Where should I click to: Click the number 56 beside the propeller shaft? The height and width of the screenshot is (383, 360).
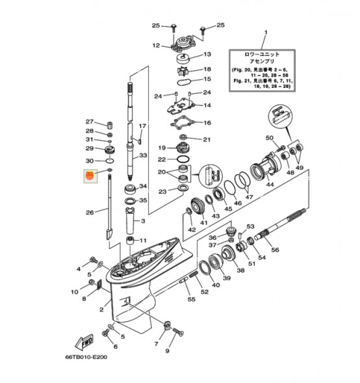click(x=275, y=250)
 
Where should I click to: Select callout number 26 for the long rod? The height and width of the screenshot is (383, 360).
click(x=90, y=211)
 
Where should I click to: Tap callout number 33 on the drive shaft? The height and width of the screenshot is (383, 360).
click(x=143, y=156)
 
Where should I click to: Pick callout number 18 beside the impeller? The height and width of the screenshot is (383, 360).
click(x=207, y=69)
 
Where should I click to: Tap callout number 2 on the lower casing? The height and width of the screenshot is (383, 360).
click(x=101, y=310)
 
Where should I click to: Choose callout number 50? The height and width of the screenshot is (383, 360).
click(x=269, y=138)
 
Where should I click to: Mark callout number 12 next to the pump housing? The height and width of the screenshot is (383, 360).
click(x=156, y=46)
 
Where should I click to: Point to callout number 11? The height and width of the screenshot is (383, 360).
click(x=143, y=240)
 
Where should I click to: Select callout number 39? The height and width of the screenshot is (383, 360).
click(x=226, y=278)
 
